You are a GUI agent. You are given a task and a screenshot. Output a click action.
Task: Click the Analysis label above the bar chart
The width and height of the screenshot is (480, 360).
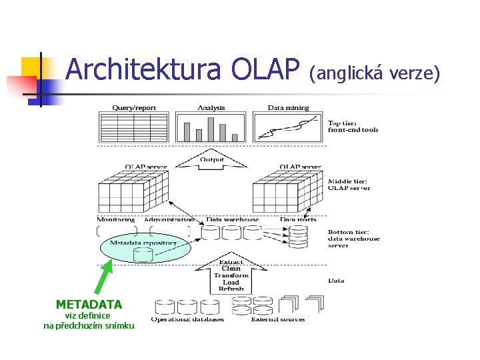tap(211, 107)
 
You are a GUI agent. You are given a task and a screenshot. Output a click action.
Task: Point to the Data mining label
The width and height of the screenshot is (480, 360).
tap(288, 107)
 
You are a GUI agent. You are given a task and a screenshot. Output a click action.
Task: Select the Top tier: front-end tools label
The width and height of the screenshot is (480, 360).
tap(353, 126)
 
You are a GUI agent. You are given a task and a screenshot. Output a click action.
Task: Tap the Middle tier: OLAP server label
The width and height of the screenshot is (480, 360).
tap(349, 184)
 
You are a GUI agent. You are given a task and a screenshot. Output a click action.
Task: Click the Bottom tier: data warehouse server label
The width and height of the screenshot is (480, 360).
tap(353, 239)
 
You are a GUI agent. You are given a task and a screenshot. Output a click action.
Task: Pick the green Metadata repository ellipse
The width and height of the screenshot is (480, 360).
tap(144, 247)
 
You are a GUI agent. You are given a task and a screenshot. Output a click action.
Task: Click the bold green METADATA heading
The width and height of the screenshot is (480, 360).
tap(89, 305)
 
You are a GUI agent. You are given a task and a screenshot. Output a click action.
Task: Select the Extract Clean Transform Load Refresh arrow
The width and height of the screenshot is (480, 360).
tap(231, 274)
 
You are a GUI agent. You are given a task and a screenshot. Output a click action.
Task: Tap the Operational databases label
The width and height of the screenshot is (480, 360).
tap(187, 319)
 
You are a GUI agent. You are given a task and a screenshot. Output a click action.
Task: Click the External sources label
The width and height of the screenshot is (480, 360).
tap(277, 319)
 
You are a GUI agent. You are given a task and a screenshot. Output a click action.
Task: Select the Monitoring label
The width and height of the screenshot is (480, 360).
tap(116, 219)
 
